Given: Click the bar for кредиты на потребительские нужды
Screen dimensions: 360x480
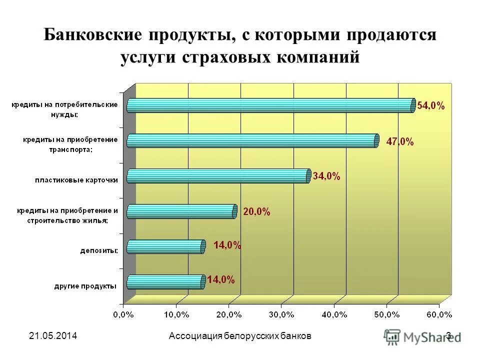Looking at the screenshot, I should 270,105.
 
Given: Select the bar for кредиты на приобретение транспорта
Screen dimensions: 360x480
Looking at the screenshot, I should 252,141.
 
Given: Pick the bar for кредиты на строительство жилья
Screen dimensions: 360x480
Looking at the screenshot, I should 180,211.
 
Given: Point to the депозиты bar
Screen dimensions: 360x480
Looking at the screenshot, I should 165,246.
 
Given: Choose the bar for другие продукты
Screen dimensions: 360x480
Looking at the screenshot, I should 165,282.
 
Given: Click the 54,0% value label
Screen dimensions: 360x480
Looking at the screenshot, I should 431,105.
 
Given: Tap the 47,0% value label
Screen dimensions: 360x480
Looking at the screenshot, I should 400,141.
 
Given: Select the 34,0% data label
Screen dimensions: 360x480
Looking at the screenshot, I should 326,176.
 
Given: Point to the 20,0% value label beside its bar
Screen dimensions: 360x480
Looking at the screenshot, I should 256,212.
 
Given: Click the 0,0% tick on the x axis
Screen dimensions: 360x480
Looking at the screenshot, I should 123,314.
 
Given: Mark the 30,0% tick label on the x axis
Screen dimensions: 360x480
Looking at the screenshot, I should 281,314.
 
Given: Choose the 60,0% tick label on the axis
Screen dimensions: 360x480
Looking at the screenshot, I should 439,314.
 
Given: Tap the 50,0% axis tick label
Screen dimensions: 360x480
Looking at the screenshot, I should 386,314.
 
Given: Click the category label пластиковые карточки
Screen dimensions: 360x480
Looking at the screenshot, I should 76,180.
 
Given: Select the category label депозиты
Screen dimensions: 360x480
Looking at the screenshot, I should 99,251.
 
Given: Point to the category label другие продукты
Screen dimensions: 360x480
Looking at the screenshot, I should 85,286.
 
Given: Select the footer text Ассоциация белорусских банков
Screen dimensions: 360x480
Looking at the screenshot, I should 240,336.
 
